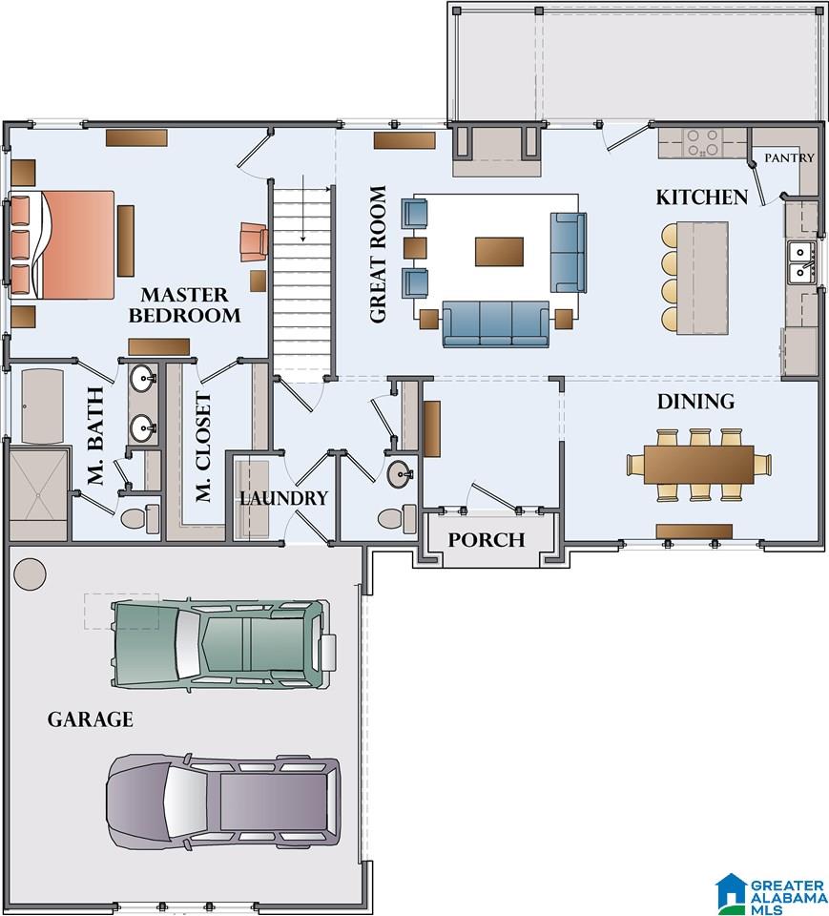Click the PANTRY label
pos(789,157)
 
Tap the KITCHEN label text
pos(701,198)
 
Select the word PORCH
pos(487,540)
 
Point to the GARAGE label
pos(90,719)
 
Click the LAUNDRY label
pos(284,498)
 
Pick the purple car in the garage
pos(223,801)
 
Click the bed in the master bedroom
pos(62,244)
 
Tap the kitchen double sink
pos(800,262)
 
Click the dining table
pos(698,465)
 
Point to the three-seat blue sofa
pos(495,323)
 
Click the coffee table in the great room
pos(499,251)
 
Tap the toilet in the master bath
pos(139,518)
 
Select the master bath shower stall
pos(38,494)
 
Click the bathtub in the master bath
pos(42,406)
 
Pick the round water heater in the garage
pos(30,574)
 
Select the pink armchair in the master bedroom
pos(254,241)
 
